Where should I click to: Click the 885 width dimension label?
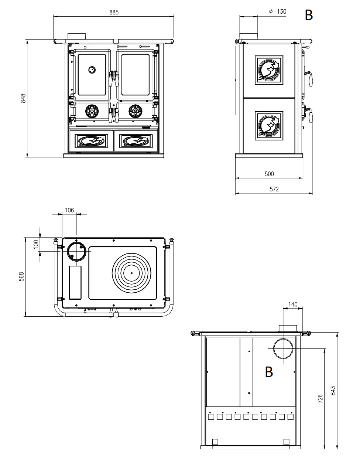point(114,12)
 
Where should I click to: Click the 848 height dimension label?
point(23,98)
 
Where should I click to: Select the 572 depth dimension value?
point(274,189)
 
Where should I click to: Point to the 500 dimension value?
point(269,174)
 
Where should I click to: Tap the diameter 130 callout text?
point(278,11)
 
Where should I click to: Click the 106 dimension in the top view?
point(69,210)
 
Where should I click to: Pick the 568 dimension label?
point(22,276)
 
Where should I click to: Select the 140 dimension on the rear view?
point(293,304)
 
